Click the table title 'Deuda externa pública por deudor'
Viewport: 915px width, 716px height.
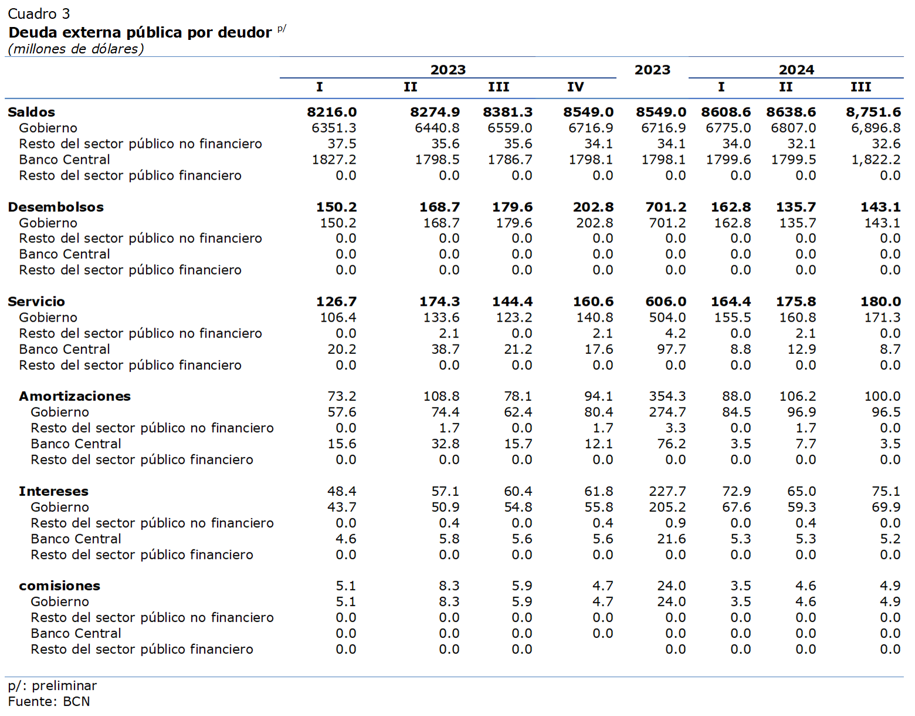(x=140, y=33)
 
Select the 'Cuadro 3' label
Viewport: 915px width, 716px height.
(x=39, y=14)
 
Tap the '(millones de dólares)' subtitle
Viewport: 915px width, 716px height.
(x=76, y=49)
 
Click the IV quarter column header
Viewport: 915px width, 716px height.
(x=575, y=87)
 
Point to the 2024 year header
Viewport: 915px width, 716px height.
(x=797, y=69)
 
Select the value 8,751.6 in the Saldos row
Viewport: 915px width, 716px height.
(x=873, y=113)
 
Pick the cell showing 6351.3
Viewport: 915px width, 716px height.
(x=334, y=128)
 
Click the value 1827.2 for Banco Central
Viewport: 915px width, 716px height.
(x=334, y=160)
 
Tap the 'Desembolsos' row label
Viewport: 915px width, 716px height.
(x=56, y=207)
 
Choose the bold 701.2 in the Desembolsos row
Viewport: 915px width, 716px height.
(x=666, y=207)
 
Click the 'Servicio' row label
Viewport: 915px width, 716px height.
(x=36, y=302)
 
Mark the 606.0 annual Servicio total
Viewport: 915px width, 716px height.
(x=666, y=302)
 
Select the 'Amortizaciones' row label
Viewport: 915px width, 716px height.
(x=74, y=396)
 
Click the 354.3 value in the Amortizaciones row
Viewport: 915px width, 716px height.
(x=667, y=396)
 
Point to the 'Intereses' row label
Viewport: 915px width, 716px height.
(x=53, y=491)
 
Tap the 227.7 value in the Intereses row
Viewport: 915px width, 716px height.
(x=667, y=491)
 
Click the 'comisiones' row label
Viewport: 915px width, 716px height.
(x=59, y=586)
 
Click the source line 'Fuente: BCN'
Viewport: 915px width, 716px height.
(x=49, y=702)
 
